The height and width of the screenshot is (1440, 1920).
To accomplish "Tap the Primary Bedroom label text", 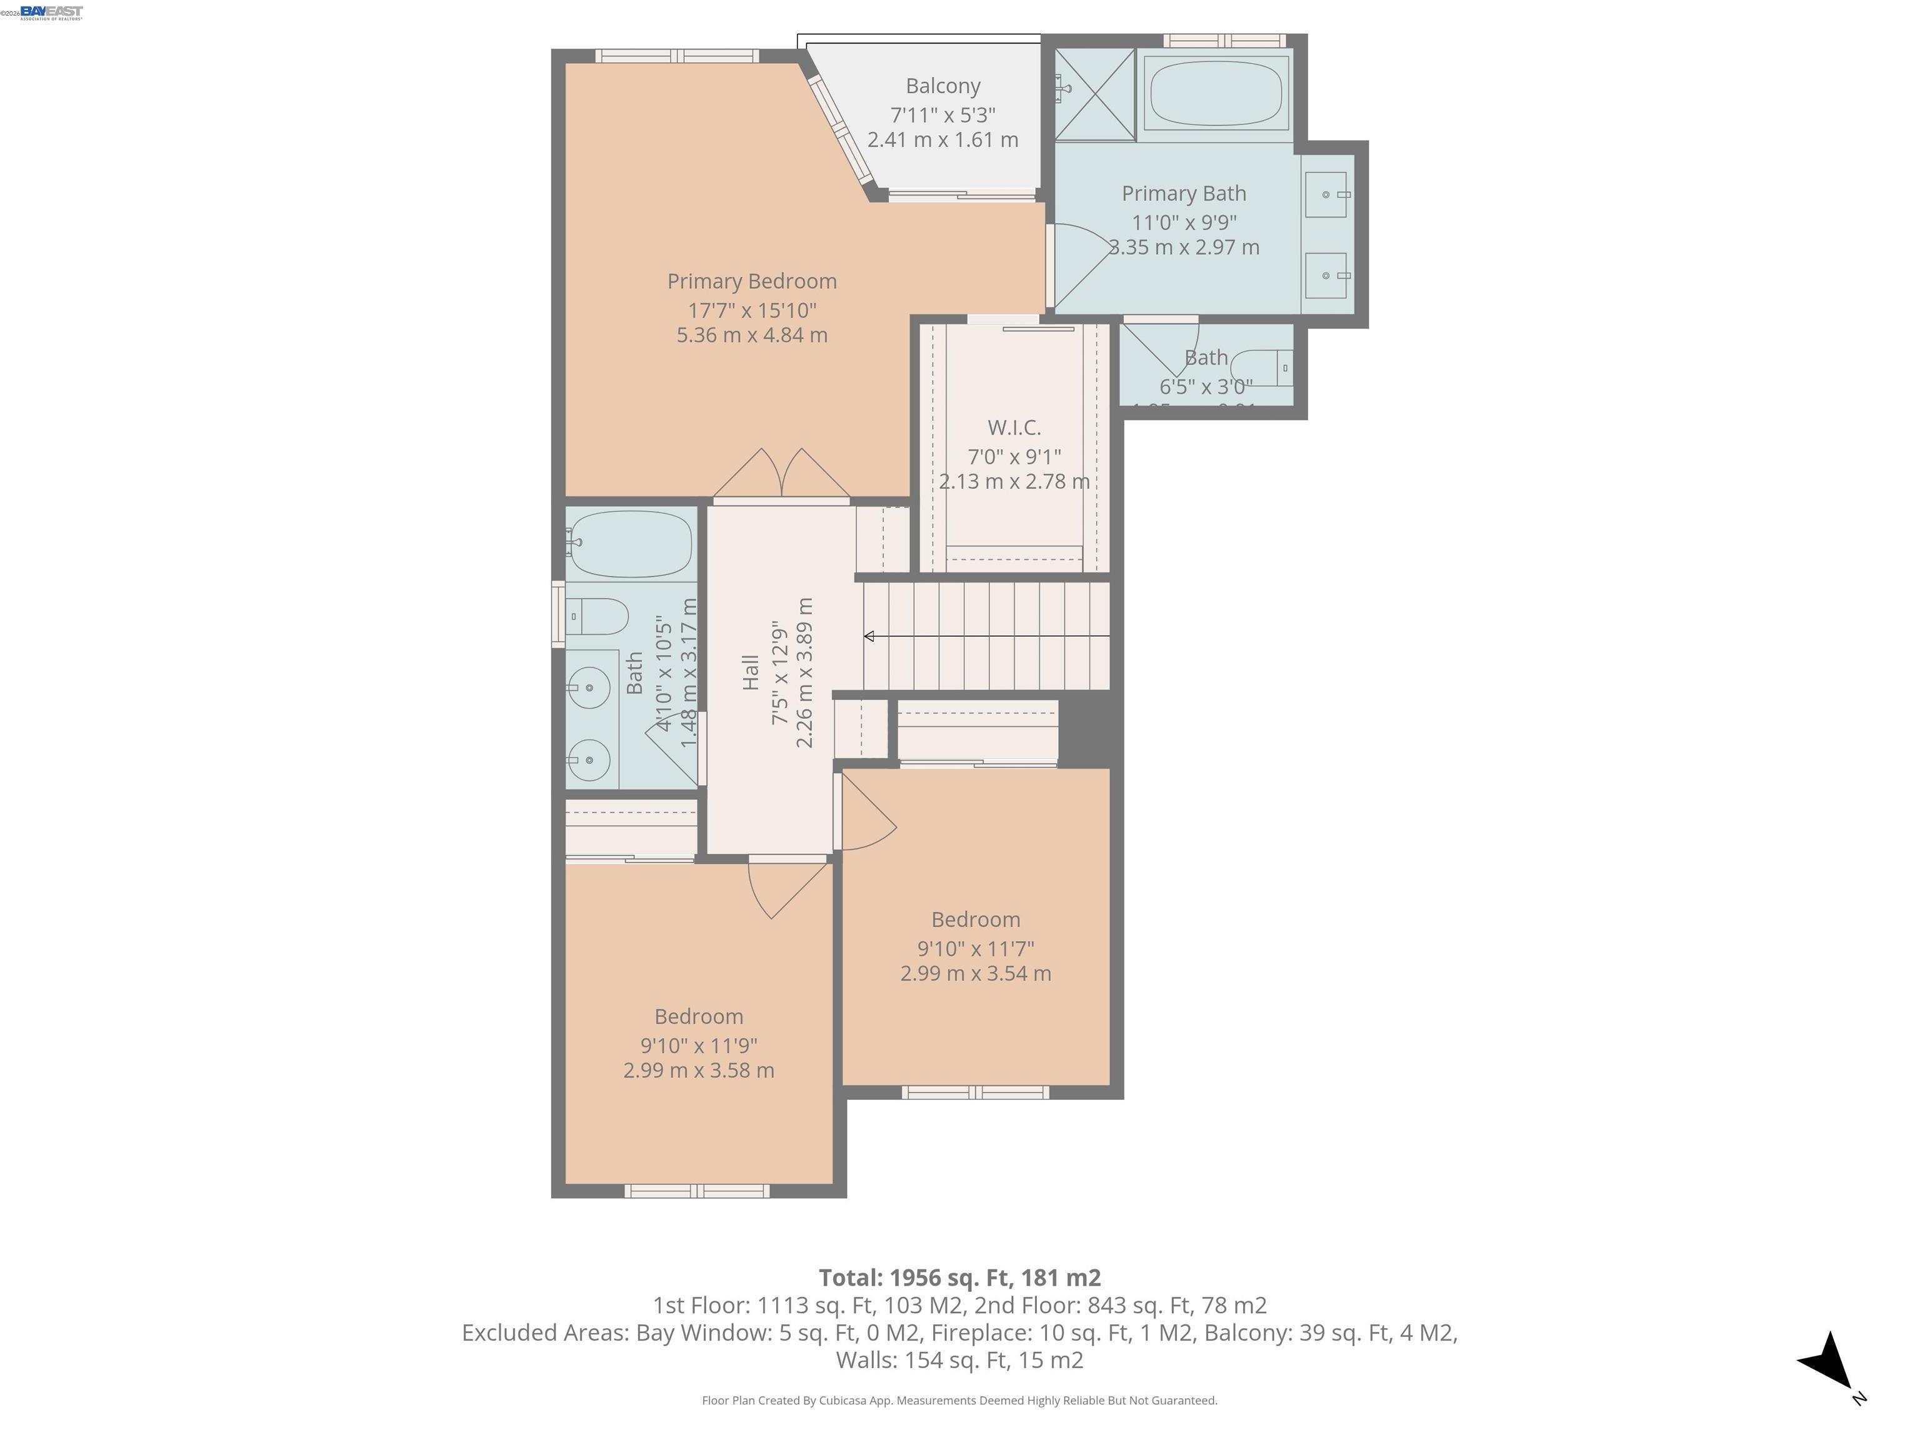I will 752,281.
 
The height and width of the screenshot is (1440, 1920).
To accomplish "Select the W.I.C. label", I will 1014,427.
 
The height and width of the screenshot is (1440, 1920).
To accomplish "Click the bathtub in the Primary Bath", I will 1215,94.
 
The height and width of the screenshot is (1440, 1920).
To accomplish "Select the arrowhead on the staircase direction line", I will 869,636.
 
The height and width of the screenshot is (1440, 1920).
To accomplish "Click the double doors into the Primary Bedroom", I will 781,476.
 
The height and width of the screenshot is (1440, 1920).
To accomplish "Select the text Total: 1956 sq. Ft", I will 915,1277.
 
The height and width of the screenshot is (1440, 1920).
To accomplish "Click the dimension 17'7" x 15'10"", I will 752,310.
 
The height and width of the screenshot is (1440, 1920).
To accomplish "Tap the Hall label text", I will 751,672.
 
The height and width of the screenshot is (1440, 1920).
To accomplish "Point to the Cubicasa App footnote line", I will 959,1400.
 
